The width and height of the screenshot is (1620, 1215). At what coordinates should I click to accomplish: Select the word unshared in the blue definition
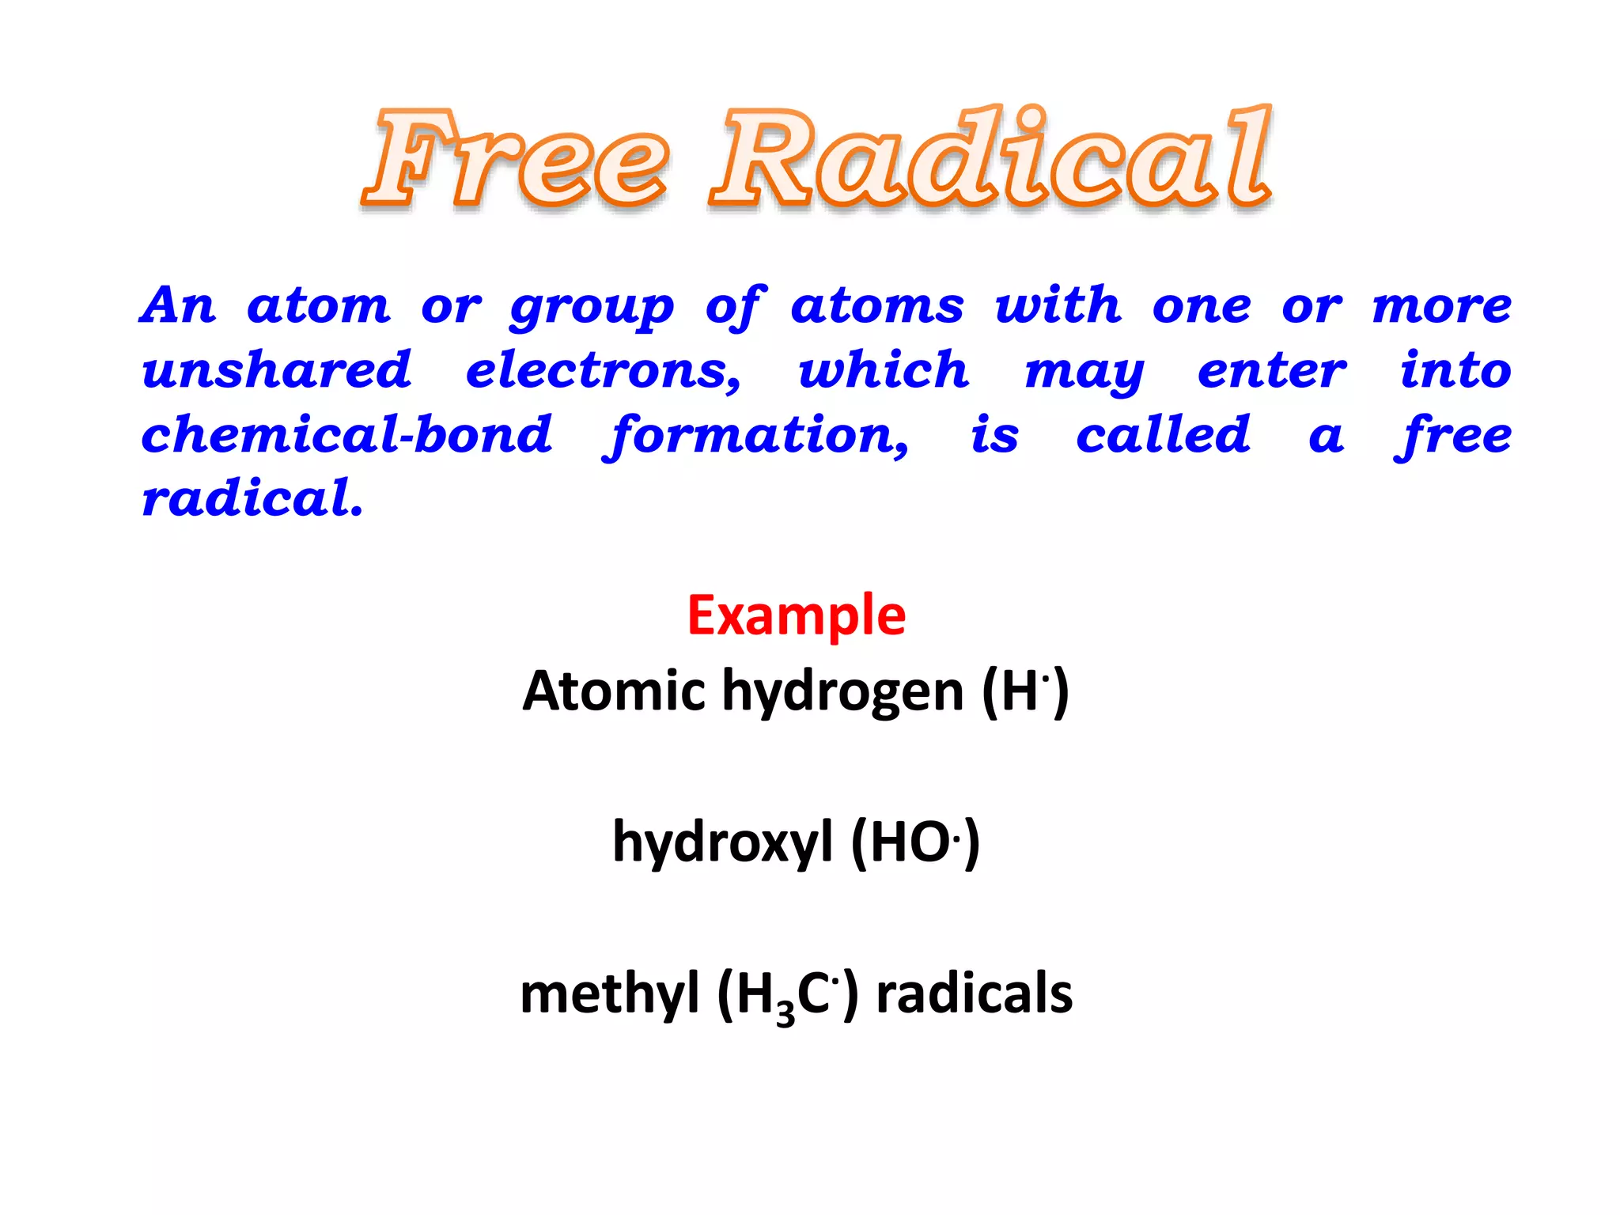(x=277, y=370)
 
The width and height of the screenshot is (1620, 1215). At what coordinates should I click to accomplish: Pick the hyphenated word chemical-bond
(x=346, y=435)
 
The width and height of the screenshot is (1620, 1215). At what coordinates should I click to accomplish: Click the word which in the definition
(x=884, y=369)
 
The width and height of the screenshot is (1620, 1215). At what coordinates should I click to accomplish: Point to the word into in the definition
(x=1455, y=369)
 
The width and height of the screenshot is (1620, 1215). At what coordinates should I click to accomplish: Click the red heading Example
(x=796, y=616)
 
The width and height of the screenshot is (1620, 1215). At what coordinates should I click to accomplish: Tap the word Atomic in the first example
(x=613, y=691)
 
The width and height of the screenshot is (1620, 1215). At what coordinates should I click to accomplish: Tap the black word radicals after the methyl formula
(x=975, y=994)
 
